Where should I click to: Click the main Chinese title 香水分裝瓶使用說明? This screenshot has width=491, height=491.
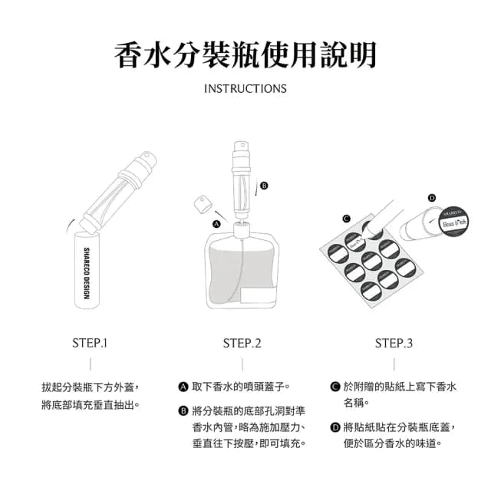coord(245,55)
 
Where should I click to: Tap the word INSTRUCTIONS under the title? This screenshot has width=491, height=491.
coord(245,89)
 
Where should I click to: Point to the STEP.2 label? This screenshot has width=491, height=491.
coord(242,344)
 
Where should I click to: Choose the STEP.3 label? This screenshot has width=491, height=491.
coord(394,344)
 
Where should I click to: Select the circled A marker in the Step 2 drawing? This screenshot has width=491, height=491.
coord(216,224)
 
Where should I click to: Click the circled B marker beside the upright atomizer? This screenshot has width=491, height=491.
coord(264,186)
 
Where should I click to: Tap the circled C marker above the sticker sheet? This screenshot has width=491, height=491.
coord(346,219)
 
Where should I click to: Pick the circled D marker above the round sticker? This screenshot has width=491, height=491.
coord(432,198)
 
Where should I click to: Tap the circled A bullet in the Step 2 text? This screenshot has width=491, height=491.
coord(183,387)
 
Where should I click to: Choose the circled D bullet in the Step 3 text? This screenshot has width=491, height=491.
coord(335,427)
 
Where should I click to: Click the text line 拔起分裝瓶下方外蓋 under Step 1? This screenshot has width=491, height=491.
coord(91,387)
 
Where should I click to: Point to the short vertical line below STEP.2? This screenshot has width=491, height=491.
coord(242,364)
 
